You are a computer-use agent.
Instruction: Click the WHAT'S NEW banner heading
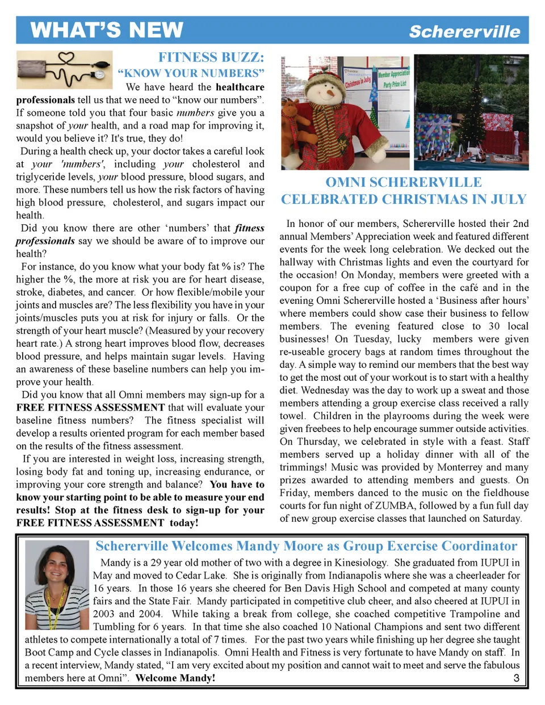107,30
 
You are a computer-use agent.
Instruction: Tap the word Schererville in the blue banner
464,32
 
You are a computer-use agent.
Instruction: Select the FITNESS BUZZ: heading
211,57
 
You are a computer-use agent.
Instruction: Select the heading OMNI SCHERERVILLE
404,182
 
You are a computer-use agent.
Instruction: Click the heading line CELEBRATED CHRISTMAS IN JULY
404,199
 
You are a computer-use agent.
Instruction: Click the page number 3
516,678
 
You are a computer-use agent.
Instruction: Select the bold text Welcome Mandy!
175,678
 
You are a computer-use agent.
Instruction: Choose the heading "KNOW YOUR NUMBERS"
191,73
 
